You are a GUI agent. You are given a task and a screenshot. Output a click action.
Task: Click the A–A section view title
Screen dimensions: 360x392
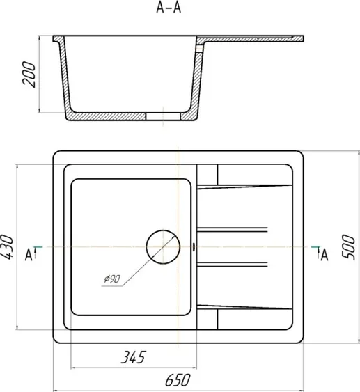coord(169,8)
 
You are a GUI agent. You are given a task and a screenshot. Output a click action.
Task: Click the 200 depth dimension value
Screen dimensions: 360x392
coord(29,75)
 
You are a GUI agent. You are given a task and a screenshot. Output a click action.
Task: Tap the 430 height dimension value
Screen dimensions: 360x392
coord(8,247)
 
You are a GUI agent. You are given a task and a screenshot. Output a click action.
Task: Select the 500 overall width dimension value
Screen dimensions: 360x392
coord(348,247)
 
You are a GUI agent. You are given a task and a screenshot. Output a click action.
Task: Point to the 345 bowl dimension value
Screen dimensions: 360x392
coord(133,357)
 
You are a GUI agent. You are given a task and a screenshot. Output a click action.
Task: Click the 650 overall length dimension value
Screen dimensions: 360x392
coord(178,380)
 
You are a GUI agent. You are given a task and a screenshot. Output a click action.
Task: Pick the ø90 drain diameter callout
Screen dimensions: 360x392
coord(112,279)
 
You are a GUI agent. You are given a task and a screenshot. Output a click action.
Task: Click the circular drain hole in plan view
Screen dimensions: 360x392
coord(163,247)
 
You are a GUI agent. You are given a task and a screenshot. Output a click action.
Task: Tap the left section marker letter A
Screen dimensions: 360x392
coord(29,255)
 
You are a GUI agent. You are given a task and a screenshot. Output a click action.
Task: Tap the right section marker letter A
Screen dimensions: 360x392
coord(324,255)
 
